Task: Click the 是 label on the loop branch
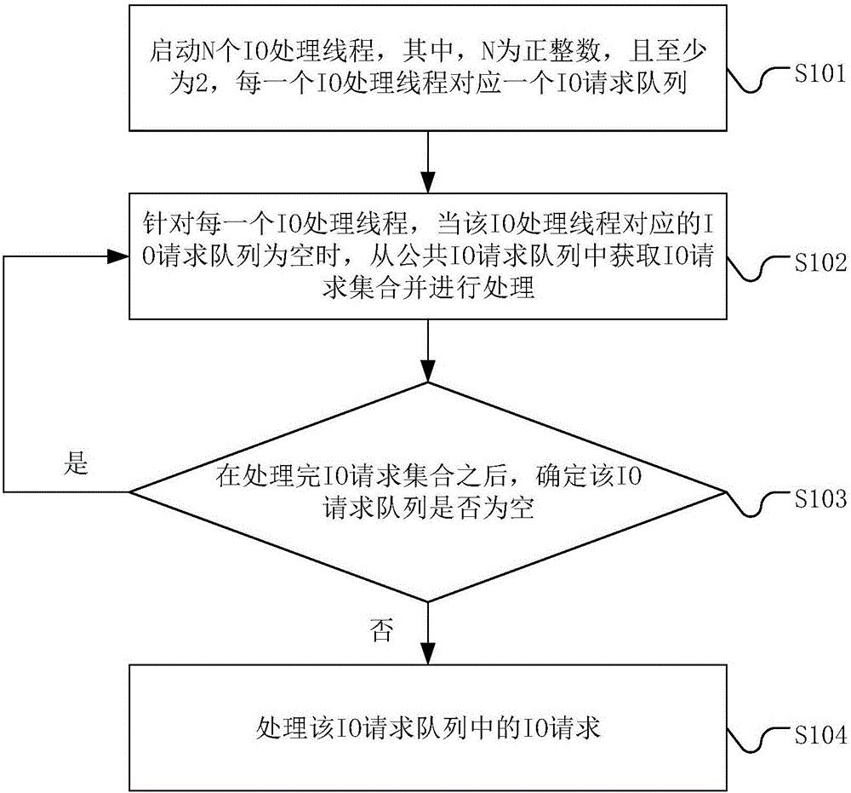(76, 464)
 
